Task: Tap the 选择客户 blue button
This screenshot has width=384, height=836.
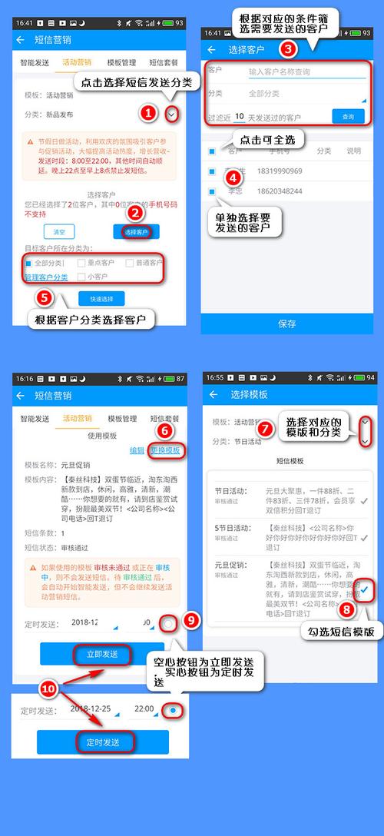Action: (x=135, y=231)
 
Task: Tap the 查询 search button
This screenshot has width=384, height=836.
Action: (x=348, y=117)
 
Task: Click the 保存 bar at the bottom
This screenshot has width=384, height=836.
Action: (x=287, y=323)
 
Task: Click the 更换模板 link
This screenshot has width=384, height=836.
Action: (x=165, y=450)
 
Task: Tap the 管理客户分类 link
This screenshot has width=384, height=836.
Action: (x=45, y=277)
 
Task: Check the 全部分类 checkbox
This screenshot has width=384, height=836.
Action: (x=28, y=263)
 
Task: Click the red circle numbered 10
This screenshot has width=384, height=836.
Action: (x=48, y=690)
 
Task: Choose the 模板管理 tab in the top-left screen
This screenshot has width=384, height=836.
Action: (x=121, y=63)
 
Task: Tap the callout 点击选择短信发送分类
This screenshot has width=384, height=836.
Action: (x=130, y=82)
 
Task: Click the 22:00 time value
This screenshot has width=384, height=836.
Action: (x=143, y=708)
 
